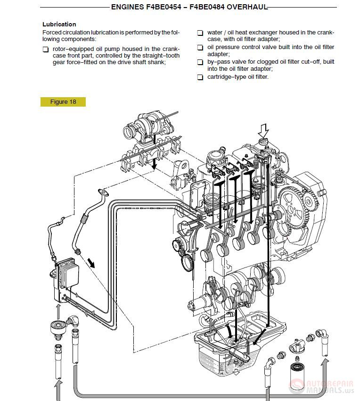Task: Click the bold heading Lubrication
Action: [59, 24]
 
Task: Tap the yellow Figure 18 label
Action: [63, 102]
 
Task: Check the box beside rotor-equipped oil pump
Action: [45, 50]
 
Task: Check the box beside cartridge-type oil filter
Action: [200, 77]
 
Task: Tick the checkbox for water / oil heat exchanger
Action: [200, 33]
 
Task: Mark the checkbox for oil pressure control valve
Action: [200, 48]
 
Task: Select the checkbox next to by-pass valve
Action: [200, 62]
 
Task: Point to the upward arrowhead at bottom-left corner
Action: [59, 387]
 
